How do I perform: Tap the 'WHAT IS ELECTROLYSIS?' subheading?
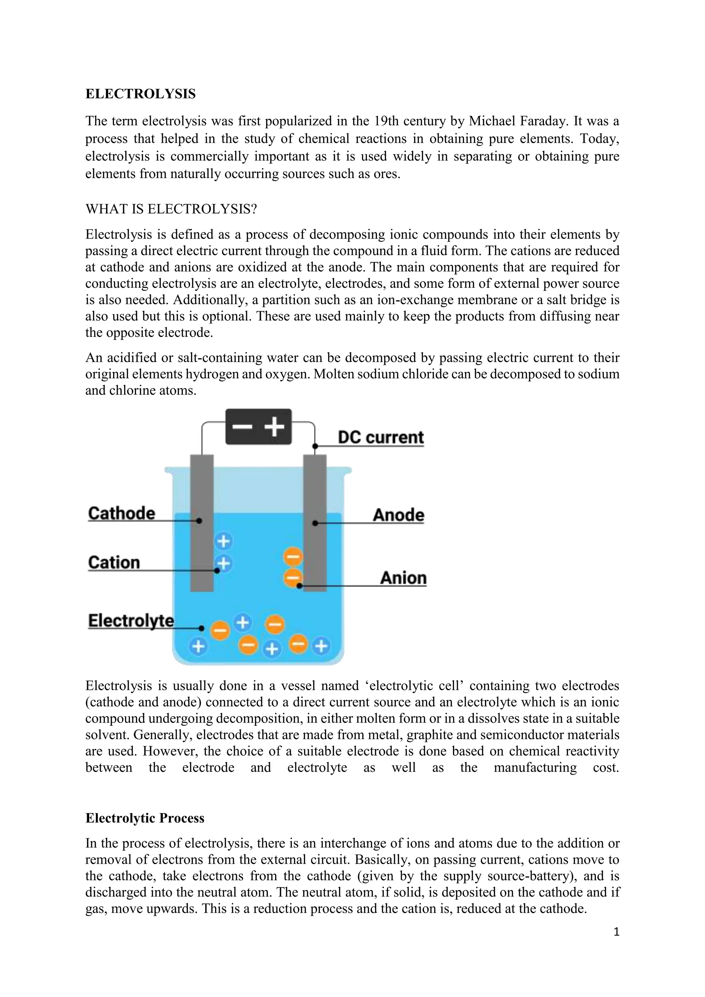click(171, 209)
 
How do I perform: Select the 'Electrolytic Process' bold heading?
click(145, 818)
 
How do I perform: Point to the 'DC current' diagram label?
click(380, 437)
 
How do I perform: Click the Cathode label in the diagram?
click(122, 513)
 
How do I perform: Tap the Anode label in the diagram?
click(398, 515)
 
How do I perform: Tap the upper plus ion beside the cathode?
click(223, 541)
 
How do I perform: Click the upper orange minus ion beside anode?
click(293, 557)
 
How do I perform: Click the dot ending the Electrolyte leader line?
click(201, 628)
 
